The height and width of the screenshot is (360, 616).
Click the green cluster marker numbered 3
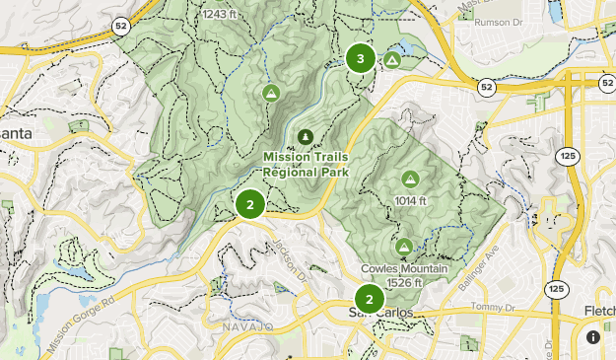pos(360,58)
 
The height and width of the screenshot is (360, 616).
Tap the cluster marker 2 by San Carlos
pos(369,299)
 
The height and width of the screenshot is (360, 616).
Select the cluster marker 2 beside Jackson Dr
pos(250,205)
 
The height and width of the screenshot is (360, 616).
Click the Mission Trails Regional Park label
pos(306,164)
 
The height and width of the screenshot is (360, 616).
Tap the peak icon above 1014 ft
pos(409,179)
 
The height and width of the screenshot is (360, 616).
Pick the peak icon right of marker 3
pos(391,60)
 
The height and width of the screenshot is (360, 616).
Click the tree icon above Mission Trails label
pos(306,136)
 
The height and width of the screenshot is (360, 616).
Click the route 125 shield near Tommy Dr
pos(557,289)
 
